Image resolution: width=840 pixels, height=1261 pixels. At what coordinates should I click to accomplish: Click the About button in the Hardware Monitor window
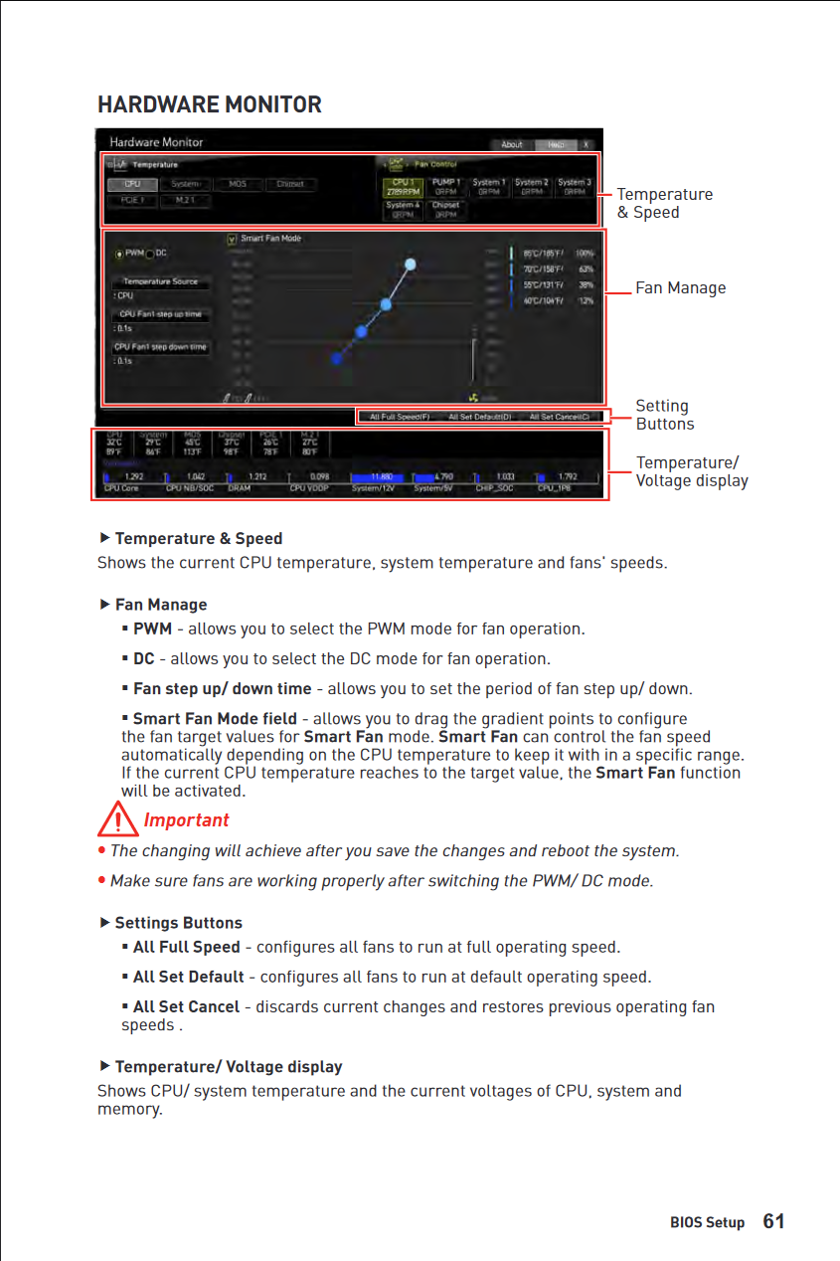(x=512, y=144)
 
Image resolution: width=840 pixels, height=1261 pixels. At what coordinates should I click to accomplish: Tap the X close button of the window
(x=587, y=144)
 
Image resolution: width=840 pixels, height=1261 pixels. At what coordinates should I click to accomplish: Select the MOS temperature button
(x=238, y=184)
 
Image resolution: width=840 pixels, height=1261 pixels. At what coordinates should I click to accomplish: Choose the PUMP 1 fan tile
(x=446, y=187)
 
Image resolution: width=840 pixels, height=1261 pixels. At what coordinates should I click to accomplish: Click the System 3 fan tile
(x=574, y=187)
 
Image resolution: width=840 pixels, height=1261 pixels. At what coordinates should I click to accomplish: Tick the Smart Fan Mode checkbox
(x=232, y=239)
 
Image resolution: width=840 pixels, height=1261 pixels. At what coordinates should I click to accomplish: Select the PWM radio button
(x=120, y=254)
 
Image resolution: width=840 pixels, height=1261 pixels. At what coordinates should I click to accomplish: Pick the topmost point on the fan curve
(x=411, y=264)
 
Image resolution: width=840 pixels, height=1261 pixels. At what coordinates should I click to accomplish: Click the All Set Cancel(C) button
(x=559, y=417)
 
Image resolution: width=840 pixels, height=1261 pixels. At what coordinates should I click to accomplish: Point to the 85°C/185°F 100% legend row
(x=553, y=254)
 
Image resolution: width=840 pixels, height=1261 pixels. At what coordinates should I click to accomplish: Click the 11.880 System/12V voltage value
(x=381, y=476)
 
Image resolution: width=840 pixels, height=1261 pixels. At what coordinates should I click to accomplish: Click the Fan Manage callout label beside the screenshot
(x=680, y=288)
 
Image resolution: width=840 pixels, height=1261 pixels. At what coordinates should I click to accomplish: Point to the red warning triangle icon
(x=118, y=821)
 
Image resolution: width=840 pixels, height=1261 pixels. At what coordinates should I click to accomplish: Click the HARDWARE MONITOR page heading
(x=210, y=104)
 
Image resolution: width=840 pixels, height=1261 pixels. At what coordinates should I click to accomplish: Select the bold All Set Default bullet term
(x=188, y=977)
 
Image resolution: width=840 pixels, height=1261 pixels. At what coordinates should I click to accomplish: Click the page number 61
(x=773, y=1221)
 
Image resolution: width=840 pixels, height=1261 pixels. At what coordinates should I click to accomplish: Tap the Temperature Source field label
(x=160, y=281)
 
